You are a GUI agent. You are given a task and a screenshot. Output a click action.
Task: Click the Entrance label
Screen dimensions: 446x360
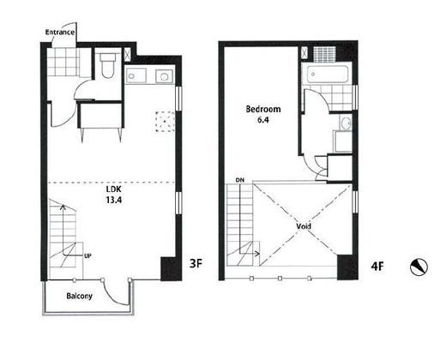tap(60, 32)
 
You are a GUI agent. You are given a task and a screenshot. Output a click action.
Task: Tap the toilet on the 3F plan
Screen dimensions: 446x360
tap(107, 65)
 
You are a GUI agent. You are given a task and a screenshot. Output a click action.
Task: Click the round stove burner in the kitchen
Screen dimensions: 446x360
tap(165, 76)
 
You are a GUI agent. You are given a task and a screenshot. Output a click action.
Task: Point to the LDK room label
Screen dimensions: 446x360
tap(114, 189)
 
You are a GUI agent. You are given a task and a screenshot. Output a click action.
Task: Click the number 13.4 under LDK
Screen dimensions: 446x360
tap(114, 200)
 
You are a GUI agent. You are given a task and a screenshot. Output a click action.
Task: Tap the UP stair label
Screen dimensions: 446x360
tap(87, 256)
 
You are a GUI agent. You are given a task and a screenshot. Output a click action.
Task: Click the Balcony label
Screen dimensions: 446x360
tap(79, 296)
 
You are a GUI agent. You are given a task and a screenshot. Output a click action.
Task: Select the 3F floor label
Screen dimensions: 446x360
tap(196, 263)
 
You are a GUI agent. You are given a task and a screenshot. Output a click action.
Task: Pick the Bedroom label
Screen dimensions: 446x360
tap(263, 109)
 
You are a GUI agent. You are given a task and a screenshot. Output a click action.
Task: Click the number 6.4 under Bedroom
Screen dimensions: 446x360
tap(263, 120)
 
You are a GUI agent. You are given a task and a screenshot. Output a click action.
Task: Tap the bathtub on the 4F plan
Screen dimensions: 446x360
tap(328, 75)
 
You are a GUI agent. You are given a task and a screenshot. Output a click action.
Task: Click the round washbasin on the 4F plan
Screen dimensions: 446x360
tap(346, 123)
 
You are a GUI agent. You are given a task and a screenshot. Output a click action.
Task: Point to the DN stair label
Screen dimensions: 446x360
tap(240, 180)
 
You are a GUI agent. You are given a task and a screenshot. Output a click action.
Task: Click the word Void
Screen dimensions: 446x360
tap(304, 226)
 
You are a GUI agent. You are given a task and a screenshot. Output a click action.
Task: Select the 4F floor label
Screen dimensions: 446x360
tap(377, 267)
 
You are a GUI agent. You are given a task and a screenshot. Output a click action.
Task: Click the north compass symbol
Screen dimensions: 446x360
tap(419, 267)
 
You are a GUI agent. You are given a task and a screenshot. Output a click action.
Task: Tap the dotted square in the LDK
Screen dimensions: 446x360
tap(166, 122)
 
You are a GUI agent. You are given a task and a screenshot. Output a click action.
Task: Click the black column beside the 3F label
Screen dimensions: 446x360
tap(172, 269)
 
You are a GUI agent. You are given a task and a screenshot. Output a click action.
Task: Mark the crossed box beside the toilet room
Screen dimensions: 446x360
tap(127, 54)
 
